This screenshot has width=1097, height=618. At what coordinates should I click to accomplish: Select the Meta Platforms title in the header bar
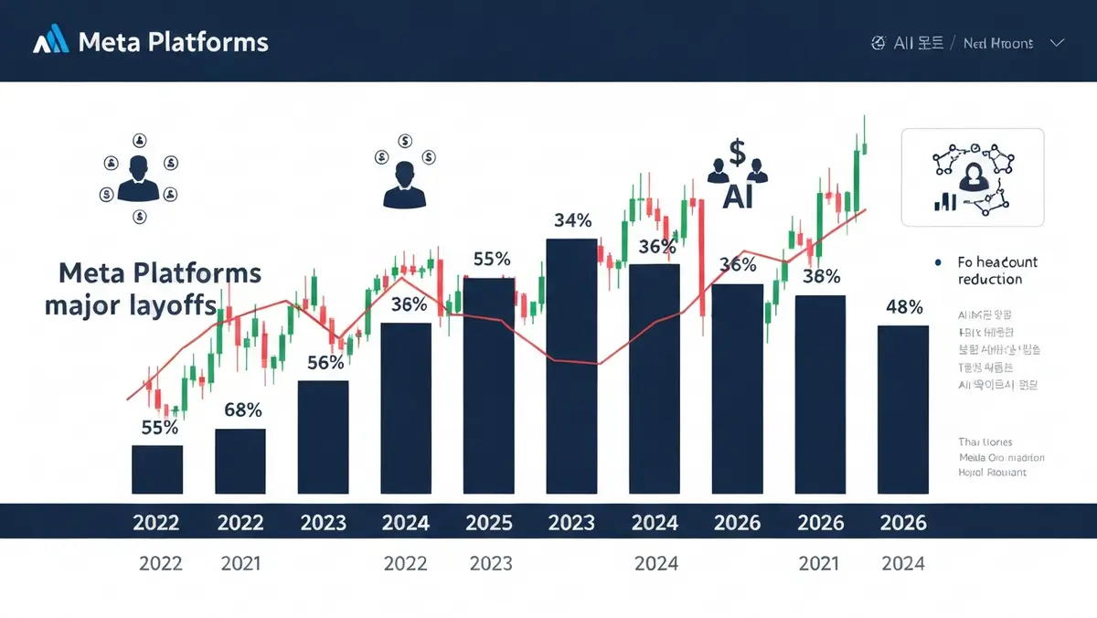174,42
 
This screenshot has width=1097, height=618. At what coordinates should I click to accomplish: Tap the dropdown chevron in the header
1058,43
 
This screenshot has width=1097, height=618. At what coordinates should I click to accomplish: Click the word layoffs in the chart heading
176,305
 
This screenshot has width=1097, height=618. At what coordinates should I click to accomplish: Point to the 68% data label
243,410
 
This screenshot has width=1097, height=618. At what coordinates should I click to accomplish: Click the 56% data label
325,362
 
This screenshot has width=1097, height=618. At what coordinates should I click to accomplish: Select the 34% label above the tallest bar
573,220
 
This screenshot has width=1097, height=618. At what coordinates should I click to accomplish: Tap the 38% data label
821,276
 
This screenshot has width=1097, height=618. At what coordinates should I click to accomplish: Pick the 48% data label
904,307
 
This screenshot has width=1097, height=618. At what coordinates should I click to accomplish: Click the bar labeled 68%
240,461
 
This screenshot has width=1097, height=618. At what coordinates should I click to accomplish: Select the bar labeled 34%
571,366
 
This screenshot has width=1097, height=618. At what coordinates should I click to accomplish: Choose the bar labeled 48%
903,409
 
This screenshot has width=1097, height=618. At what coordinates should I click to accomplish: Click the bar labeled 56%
324,437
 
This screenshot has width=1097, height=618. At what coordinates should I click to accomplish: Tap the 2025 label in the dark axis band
489,523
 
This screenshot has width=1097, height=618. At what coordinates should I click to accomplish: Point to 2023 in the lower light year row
491,563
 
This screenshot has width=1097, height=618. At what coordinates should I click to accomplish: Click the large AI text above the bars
737,197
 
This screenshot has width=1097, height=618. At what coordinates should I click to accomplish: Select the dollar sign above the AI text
737,151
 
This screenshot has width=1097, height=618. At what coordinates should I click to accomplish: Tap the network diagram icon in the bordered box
973,176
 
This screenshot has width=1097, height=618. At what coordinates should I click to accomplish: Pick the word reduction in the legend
990,279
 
